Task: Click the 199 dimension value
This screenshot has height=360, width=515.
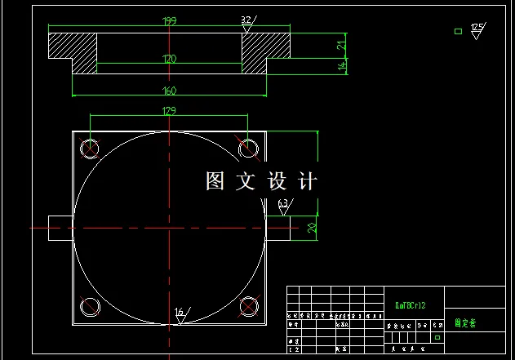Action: (x=169, y=20)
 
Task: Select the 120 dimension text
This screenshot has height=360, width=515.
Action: (x=169, y=59)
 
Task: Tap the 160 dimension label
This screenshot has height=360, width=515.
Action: (x=169, y=91)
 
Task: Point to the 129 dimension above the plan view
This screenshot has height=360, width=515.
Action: (x=169, y=110)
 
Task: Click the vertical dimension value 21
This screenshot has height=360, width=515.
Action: (x=343, y=44)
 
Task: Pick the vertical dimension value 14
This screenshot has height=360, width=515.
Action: (x=343, y=66)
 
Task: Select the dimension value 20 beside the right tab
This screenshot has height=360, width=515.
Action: (x=312, y=227)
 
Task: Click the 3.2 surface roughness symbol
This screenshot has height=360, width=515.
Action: (x=246, y=22)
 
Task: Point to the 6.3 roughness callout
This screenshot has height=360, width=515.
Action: (x=283, y=205)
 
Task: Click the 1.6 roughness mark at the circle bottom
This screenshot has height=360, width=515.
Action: (x=180, y=314)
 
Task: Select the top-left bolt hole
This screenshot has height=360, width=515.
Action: (x=90, y=148)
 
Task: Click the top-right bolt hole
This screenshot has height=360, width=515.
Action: (x=248, y=148)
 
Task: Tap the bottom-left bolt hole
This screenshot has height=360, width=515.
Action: (x=90, y=307)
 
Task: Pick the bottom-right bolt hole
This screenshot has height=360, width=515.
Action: (x=248, y=307)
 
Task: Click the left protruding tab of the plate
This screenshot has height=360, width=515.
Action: (x=60, y=227)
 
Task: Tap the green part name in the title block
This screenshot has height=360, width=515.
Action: (x=465, y=323)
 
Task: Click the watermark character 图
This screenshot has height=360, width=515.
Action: (x=215, y=181)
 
